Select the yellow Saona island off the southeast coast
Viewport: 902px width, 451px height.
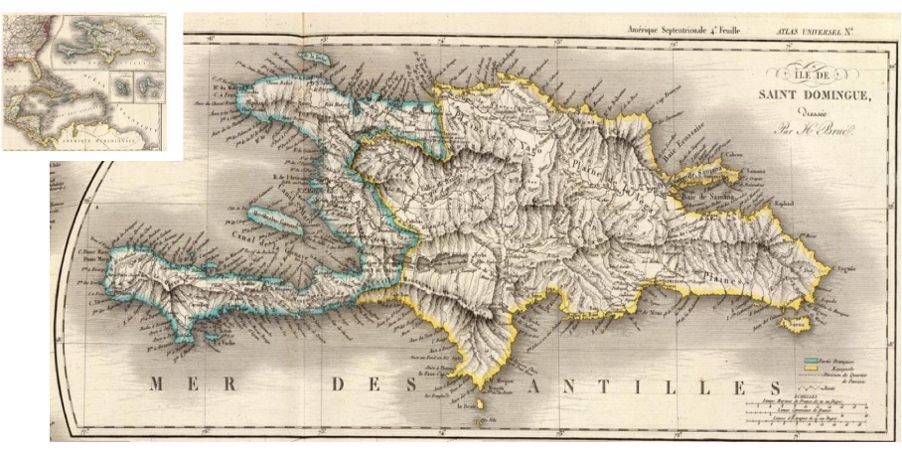tap(794, 324)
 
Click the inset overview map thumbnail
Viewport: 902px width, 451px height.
tap(90, 80)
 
